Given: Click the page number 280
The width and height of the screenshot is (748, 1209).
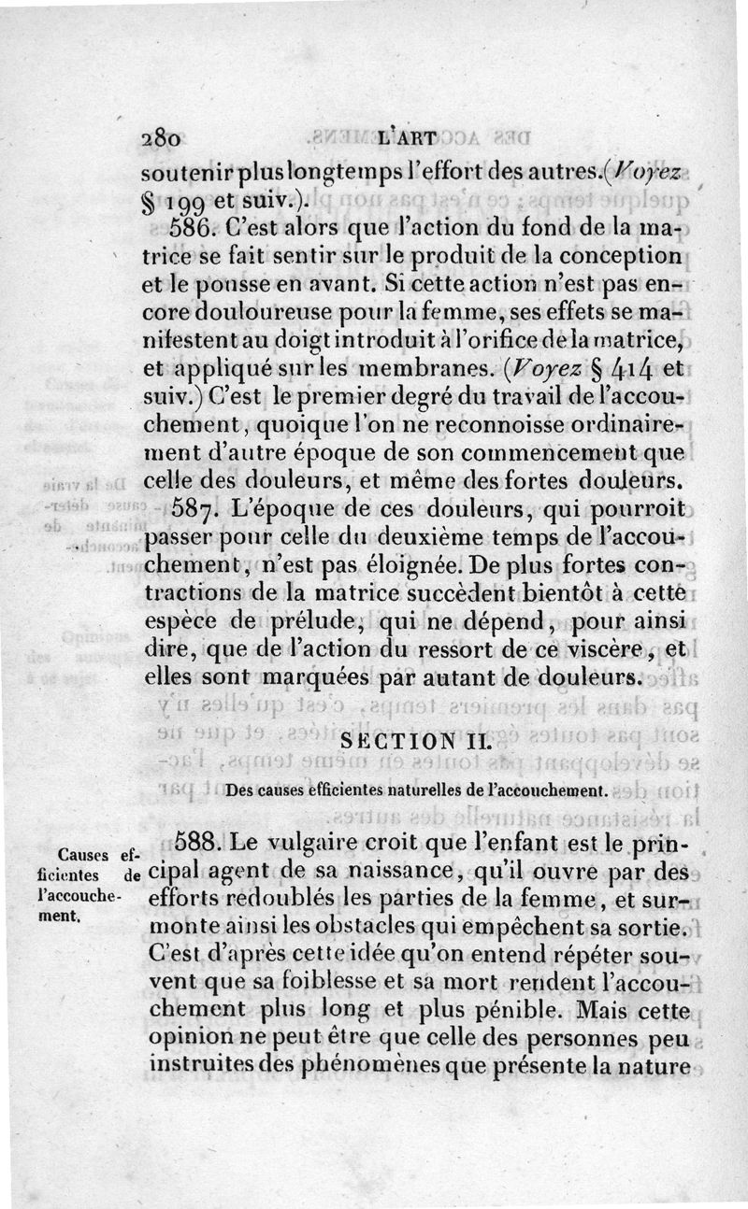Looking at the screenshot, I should click(x=160, y=137).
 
